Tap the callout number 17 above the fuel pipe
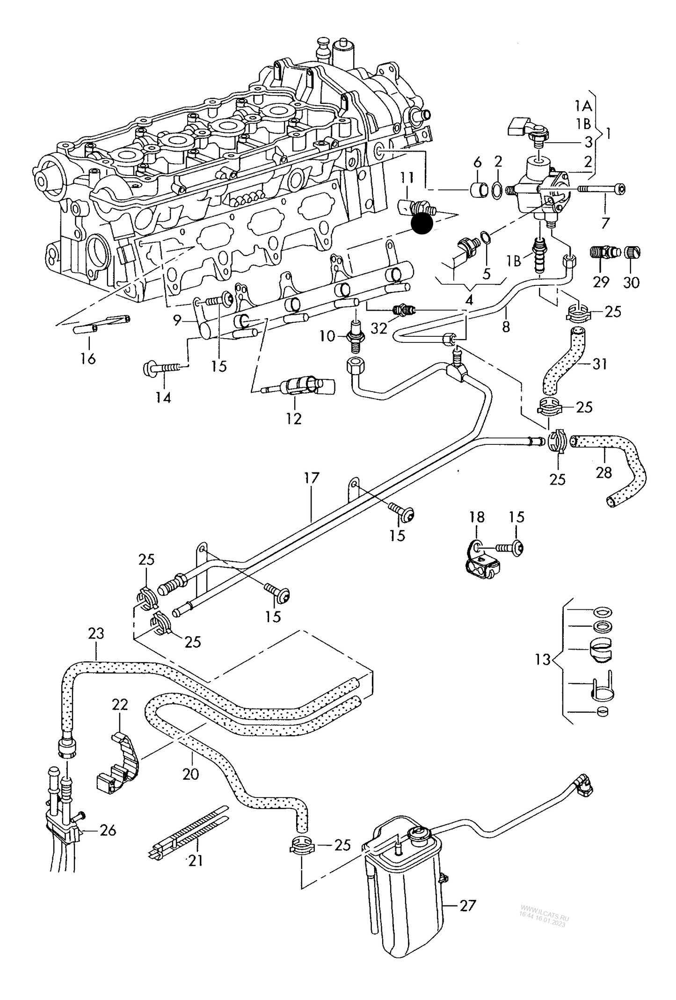[x=311, y=478]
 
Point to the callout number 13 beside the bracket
[x=543, y=660]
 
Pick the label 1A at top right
[x=583, y=106]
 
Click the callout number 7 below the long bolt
[x=605, y=223]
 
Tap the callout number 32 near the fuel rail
[x=378, y=328]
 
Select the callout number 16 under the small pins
[x=88, y=359]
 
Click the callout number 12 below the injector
[x=294, y=419]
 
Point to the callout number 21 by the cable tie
[x=196, y=860]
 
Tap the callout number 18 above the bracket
[x=477, y=517]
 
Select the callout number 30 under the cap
[x=632, y=282]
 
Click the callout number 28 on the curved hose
[x=603, y=472]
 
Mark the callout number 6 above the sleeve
[x=477, y=162]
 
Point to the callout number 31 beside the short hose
[x=599, y=363]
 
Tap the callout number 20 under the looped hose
[x=190, y=774]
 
